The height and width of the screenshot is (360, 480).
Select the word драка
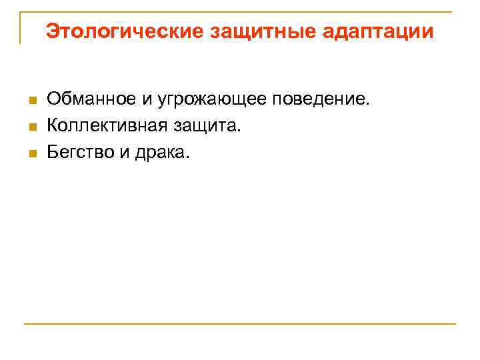(x=160, y=152)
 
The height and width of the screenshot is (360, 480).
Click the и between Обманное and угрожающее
(x=146, y=100)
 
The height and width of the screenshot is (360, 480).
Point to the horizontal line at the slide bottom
(x=240, y=324)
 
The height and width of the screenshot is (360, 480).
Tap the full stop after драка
(x=188, y=157)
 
